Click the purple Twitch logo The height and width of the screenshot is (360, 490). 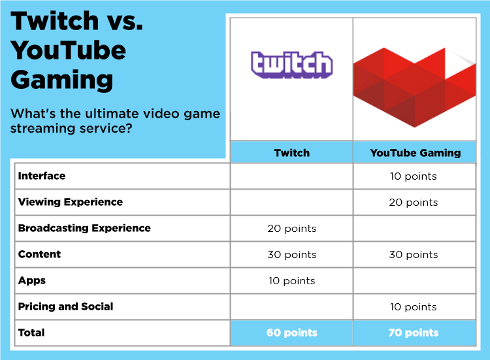pyautogui.click(x=291, y=65)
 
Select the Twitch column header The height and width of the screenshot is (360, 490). pyautogui.click(x=291, y=153)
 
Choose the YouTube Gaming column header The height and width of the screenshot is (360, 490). pyautogui.click(x=415, y=153)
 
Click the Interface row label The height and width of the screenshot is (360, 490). pyautogui.click(x=42, y=176)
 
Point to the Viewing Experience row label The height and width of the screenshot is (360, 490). pyautogui.click(x=71, y=202)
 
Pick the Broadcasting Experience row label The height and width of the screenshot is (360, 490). pyautogui.click(x=84, y=228)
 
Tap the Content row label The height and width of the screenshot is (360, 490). pyautogui.click(x=39, y=254)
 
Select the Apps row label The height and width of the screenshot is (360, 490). pyautogui.click(x=32, y=280)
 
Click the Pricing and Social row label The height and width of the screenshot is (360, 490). pyautogui.click(x=65, y=306)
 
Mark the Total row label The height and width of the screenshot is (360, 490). pyautogui.click(x=31, y=333)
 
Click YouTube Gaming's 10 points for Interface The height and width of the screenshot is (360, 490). pyautogui.click(x=413, y=176)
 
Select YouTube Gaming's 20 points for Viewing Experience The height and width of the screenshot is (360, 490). pyautogui.click(x=413, y=203)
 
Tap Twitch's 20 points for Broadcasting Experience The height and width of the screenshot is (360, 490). pyautogui.click(x=291, y=229)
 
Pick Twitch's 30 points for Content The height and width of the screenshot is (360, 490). pyautogui.click(x=291, y=255)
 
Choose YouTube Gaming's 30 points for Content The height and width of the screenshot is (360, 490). pyautogui.click(x=413, y=255)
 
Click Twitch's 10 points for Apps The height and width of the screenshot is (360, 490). pyautogui.click(x=291, y=281)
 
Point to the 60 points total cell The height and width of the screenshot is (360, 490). pyautogui.click(x=291, y=333)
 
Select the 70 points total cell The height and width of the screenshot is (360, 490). pyautogui.click(x=413, y=333)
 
